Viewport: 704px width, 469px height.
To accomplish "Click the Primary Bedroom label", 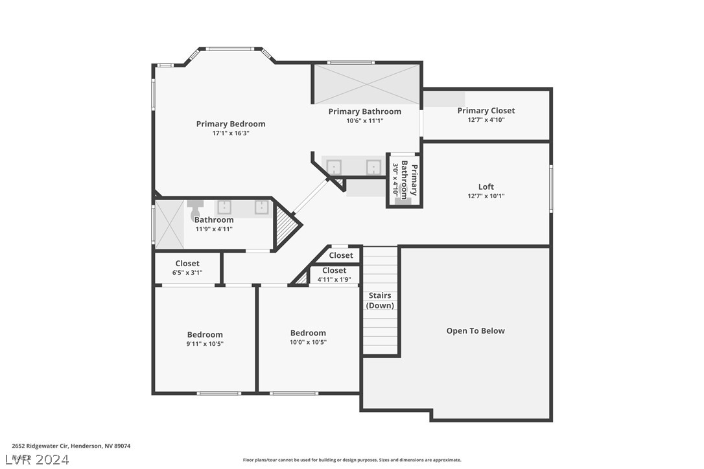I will click(x=231, y=124).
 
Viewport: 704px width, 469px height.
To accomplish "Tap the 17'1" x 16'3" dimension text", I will click(x=231, y=133).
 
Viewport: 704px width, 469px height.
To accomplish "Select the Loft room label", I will click(x=486, y=187).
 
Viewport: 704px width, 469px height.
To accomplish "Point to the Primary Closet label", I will click(x=486, y=111).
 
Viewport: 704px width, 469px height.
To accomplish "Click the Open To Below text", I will click(x=475, y=330).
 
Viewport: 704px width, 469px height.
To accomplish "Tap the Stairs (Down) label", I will click(x=380, y=301).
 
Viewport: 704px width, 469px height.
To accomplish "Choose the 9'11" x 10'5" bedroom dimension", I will click(x=205, y=344).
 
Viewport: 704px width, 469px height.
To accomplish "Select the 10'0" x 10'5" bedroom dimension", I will click(x=308, y=342).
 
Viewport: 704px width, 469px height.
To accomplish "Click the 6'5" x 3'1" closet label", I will click(x=187, y=273).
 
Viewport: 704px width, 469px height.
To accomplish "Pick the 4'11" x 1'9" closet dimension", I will click(x=334, y=280).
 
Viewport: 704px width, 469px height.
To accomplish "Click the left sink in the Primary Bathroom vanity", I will click(x=333, y=167).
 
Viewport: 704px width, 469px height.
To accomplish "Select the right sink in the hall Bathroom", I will click(x=261, y=207).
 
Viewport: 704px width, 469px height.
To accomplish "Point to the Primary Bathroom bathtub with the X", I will click(x=367, y=84).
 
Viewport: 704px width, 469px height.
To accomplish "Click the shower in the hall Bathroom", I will click(x=169, y=224).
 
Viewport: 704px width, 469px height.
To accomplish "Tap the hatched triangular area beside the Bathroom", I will click(x=285, y=224).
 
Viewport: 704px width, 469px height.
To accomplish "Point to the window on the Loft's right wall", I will click(x=551, y=189).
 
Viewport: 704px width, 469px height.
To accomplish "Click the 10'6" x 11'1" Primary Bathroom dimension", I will click(x=364, y=120).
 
